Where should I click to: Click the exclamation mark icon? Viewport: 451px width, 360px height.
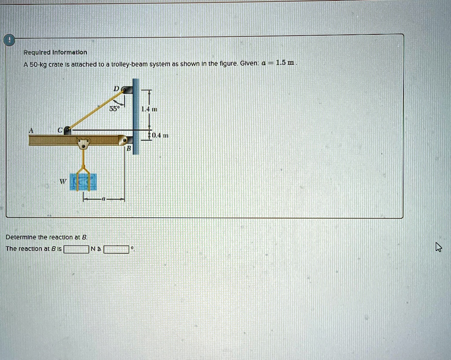coord(9,40)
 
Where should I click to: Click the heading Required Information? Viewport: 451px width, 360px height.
coord(55,52)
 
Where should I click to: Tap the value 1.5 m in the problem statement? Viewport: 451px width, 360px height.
coord(285,63)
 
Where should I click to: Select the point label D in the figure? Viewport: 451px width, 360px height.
coord(116,89)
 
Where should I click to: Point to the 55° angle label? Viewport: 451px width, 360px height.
coord(114,109)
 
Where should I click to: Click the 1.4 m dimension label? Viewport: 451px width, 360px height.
coord(149,109)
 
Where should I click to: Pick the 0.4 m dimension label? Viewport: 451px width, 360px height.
coord(160,135)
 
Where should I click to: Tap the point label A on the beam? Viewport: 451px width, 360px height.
coord(31,130)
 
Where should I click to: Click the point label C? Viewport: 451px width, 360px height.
coord(59,130)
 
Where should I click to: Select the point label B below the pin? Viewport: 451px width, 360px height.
coord(129,148)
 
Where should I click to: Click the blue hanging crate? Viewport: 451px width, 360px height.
coord(83,182)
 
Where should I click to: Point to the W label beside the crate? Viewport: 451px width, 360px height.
coord(63,181)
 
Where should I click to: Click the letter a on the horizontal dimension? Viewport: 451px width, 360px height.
coord(104,199)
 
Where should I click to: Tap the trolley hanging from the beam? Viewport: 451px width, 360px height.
coord(83,144)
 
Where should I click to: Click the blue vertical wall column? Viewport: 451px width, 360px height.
coord(136,116)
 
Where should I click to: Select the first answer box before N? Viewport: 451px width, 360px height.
coord(76,249)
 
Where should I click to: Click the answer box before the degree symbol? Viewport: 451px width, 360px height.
coord(116,249)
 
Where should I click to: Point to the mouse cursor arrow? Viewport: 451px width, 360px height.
coord(438,247)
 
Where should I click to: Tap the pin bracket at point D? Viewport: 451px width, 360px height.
coord(127,89)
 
